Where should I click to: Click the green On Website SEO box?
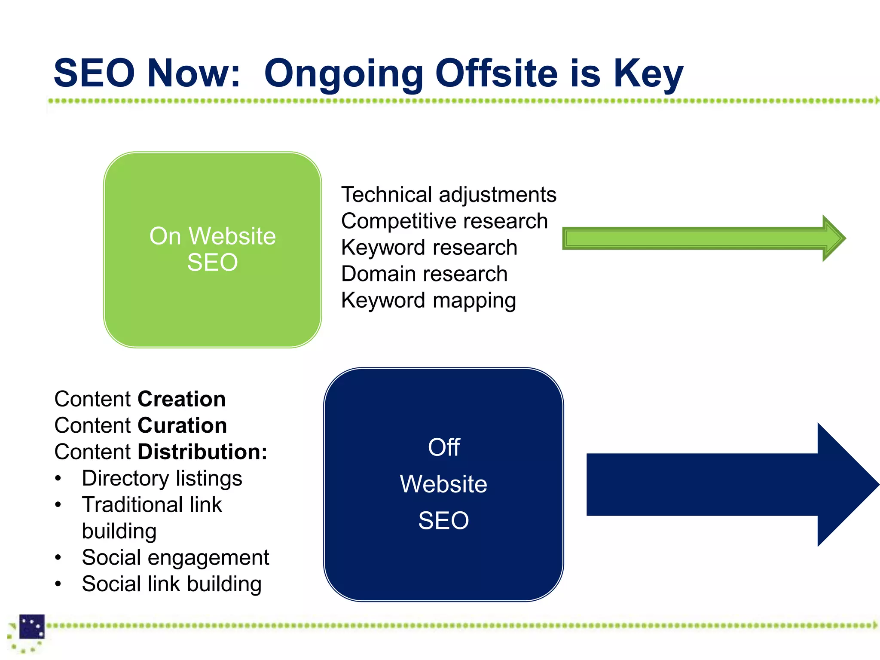(212, 249)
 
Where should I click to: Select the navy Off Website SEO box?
(443, 484)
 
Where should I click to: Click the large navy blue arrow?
(730, 484)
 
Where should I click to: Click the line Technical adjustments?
(448, 195)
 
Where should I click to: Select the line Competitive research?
(444, 221)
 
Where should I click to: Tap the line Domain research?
(424, 274)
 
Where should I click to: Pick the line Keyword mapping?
(428, 300)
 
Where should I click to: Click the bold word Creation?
(181, 399)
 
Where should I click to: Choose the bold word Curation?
(182, 425)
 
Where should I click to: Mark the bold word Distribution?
(202, 452)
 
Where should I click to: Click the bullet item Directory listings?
(162, 479)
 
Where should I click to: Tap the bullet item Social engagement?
(175, 558)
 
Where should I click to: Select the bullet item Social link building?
(171, 584)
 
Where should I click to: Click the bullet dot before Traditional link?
(58, 505)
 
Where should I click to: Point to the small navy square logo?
(32, 626)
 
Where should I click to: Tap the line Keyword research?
(429, 247)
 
